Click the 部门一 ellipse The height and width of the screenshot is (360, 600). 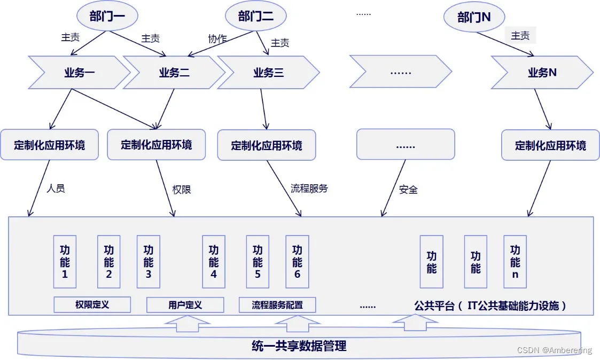(107, 17)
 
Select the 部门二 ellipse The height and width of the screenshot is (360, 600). (256, 17)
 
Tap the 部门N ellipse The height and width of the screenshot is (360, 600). (474, 18)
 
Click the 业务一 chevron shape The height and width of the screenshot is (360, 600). (79, 73)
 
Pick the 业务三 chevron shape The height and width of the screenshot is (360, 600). (268, 73)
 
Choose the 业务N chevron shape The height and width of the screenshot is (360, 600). (542, 73)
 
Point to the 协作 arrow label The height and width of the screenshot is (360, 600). (217, 39)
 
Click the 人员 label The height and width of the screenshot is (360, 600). (56, 188)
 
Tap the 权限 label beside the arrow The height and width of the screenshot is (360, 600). (182, 190)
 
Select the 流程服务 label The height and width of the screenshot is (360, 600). (309, 188)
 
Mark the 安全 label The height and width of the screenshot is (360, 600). (408, 190)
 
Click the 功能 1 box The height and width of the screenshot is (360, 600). (65, 262)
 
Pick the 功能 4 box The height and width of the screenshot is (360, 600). (214, 262)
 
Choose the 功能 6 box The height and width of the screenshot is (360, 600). (297, 262)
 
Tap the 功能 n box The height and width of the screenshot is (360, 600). (515, 262)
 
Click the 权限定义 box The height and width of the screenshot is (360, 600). (92, 304)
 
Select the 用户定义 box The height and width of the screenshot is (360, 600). (185, 304)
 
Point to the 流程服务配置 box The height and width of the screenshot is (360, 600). (277, 304)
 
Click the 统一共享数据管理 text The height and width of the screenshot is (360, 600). (299, 346)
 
